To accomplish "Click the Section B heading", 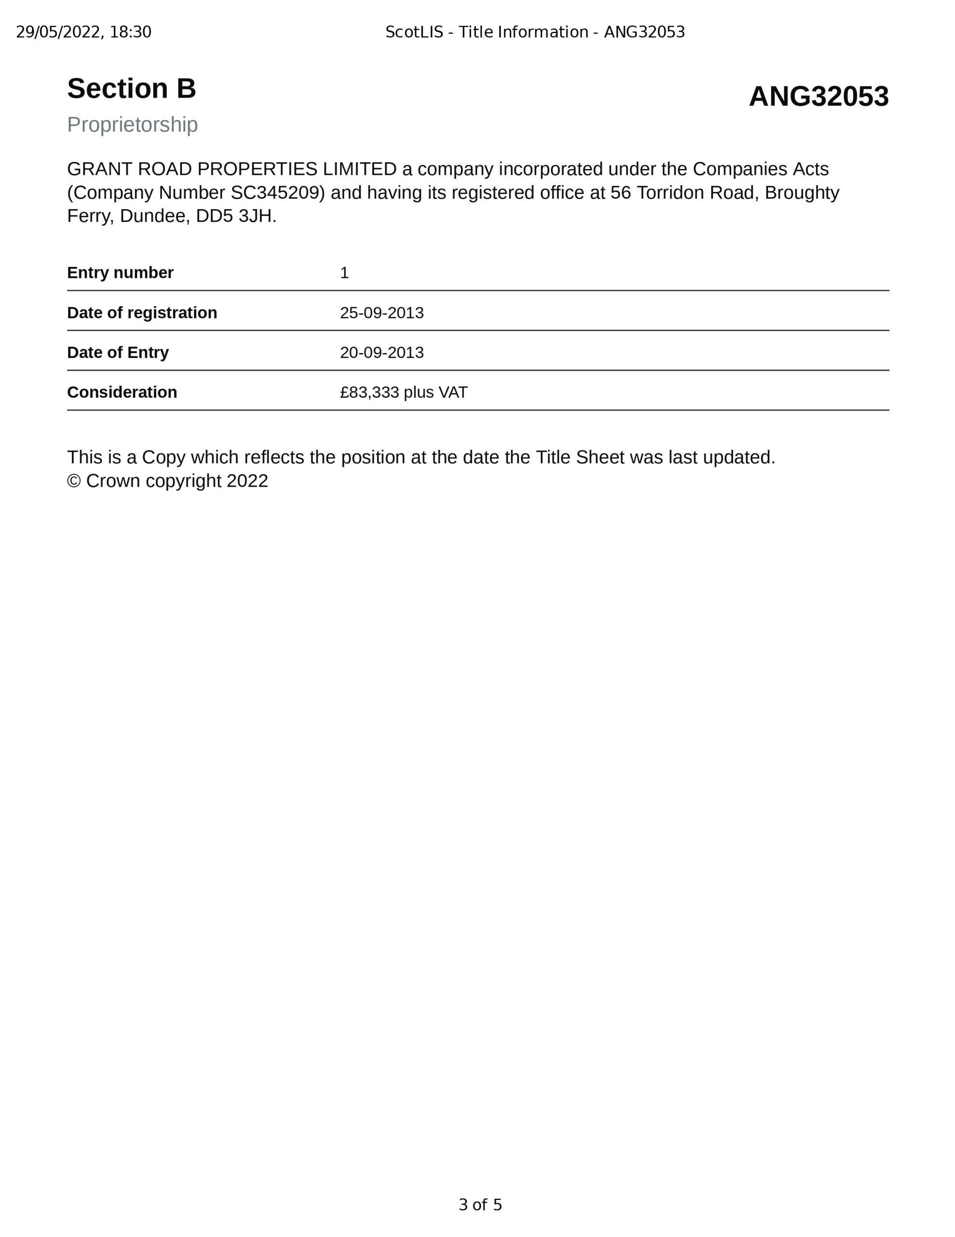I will point(131,89).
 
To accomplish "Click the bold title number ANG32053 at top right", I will point(818,96).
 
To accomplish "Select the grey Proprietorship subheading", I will point(132,125).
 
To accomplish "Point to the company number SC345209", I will point(277,193).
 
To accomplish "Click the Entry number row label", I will point(120,273).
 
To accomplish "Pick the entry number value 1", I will point(344,273).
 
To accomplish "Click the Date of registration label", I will point(142,313).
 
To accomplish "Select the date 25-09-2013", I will point(381,313).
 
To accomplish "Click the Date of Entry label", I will point(118,352).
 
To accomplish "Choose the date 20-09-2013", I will point(381,352).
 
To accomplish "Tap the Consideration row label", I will point(122,392).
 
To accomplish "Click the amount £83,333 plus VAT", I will point(404,392).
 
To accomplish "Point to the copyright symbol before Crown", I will point(74,481).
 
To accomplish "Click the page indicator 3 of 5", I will point(480,1205).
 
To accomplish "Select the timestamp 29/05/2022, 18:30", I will point(84,32).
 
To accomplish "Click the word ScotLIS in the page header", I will point(414,32).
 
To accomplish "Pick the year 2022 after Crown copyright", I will point(247,481).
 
